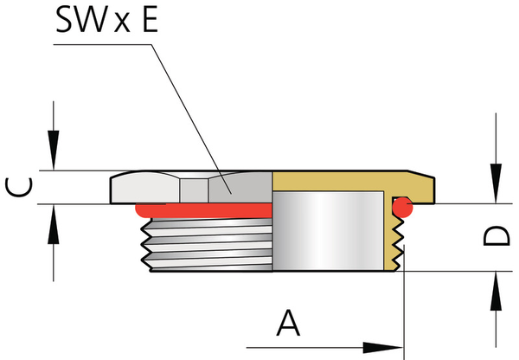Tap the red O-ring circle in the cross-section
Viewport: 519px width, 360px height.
400,206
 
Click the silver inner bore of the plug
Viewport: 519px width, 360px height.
329,234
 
